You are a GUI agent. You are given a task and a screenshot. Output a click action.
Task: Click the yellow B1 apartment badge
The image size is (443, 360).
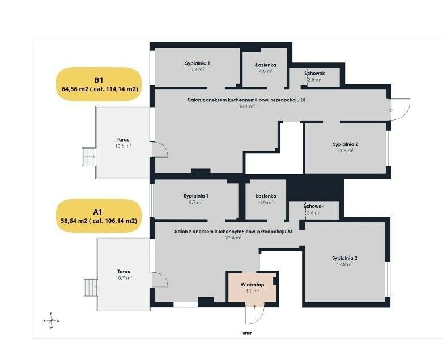coord(99,84)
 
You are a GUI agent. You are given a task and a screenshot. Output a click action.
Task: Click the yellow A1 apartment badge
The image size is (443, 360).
coord(99,216)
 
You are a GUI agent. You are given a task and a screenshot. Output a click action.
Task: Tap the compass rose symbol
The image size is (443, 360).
coord(51,321)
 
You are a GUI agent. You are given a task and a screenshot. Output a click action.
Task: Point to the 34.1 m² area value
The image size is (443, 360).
coord(246,106)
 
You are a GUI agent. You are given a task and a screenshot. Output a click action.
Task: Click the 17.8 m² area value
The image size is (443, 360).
coord(344,264)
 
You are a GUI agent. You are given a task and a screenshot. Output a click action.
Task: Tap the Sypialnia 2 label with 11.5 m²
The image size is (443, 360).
coord(345,144)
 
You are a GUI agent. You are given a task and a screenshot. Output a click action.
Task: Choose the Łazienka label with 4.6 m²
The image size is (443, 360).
coord(266,65)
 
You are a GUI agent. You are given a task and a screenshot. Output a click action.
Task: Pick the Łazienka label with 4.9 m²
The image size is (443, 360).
coord(266,196)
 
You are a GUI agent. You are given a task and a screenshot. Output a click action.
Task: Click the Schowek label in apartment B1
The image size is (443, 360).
coord(314,74)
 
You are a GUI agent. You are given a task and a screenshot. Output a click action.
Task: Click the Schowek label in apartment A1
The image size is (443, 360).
coord(314,207)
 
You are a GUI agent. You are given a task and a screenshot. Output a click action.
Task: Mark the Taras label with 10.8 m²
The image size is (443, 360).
coord(123,139)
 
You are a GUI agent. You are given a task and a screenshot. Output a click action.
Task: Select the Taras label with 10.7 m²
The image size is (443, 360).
coord(123,272)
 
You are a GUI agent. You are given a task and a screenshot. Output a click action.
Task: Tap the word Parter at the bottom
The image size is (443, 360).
coord(246,333)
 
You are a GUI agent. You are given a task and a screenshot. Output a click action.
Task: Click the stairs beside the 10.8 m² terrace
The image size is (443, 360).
coord(89,156)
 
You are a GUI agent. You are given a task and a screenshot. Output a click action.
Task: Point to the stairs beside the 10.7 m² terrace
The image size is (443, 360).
coord(91,288)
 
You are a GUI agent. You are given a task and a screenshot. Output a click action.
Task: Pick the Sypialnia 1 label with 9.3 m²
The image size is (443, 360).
coord(197,63)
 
